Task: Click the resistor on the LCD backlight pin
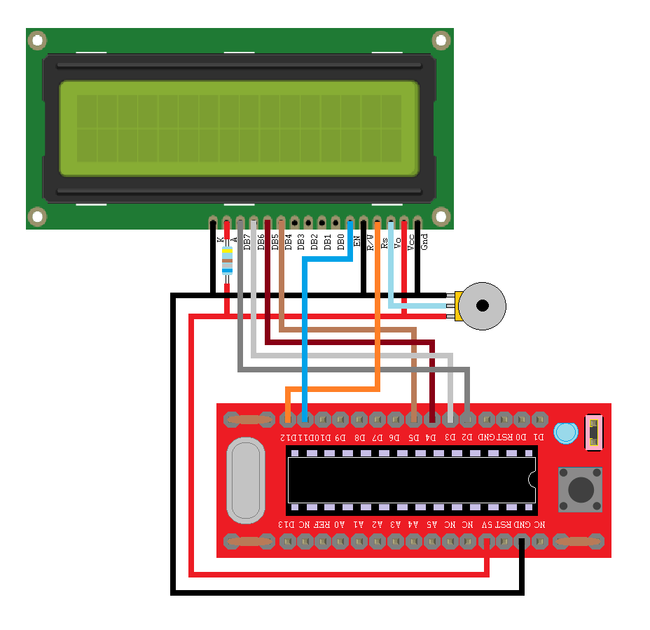click(227, 262)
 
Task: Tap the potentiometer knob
click(482, 306)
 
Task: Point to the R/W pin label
click(370, 240)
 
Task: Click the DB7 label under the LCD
click(247, 240)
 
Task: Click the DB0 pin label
click(340, 241)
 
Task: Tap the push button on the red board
click(580, 489)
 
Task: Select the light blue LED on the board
click(564, 433)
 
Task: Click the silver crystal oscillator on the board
click(246, 480)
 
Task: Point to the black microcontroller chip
click(411, 479)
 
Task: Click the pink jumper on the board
click(593, 432)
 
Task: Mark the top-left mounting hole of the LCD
click(37, 41)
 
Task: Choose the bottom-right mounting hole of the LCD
click(441, 216)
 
